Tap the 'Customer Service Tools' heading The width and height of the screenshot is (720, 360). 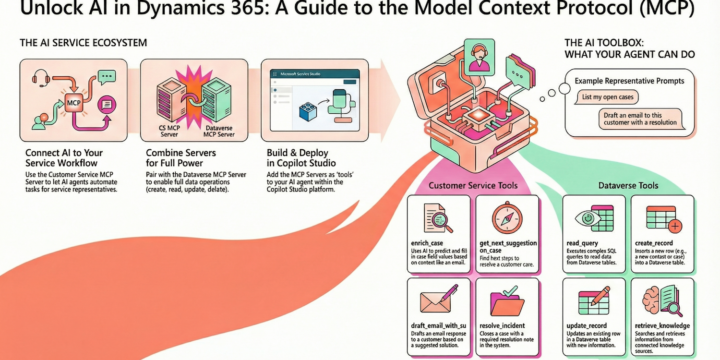469,186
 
